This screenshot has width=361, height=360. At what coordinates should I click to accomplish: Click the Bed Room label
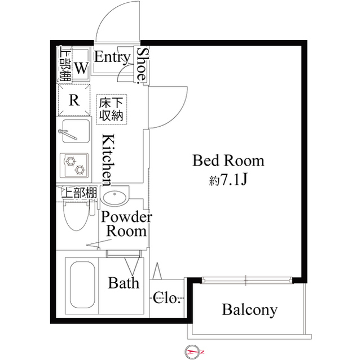(x=228, y=161)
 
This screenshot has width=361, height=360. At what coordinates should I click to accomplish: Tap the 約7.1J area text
(x=228, y=180)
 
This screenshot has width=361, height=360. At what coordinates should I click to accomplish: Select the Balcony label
(x=249, y=309)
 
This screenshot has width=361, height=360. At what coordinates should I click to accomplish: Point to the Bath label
(x=124, y=283)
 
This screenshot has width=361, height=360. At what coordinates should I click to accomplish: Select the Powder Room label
(x=126, y=224)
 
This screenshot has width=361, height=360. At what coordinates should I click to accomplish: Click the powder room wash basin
(x=116, y=198)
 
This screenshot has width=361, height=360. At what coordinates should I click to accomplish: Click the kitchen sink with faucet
(x=74, y=133)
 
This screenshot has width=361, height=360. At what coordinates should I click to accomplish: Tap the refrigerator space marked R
(x=74, y=100)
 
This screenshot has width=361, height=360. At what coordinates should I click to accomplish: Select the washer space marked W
(x=81, y=68)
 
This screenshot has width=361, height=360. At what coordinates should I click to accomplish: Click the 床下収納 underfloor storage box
(x=112, y=109)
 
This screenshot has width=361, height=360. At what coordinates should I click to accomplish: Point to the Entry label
(x=112, y=57)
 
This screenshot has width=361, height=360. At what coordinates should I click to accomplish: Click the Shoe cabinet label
(x=142, y=64)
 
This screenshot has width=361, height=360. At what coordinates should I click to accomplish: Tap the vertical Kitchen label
(x=108, y=159)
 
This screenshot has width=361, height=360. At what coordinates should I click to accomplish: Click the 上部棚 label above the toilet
(x=79, y=193)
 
